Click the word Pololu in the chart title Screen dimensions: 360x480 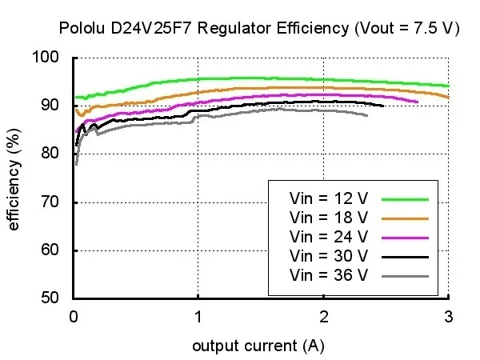[82, 29]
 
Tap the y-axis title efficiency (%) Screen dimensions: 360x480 [14, 178]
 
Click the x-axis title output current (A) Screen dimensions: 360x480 [258, 346]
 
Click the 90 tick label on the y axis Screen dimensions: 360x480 [51, 106]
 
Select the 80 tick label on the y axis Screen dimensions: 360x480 [51, 154]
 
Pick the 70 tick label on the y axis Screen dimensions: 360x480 [51, 202]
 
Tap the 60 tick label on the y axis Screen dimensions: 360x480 [51, 250]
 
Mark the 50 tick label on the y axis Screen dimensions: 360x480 [51, 298]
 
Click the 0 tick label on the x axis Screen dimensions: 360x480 [74, 316]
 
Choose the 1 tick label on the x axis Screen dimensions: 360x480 [198, 316]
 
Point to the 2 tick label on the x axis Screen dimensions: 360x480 [323, 316]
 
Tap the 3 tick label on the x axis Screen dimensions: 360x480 [448, 316]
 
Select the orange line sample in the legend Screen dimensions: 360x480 [406, 218]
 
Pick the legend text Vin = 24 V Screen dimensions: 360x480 [329, 237]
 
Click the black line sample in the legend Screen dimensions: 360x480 [406, 256]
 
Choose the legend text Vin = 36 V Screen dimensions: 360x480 [329, 275]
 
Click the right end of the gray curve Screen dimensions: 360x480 [367, 116]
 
